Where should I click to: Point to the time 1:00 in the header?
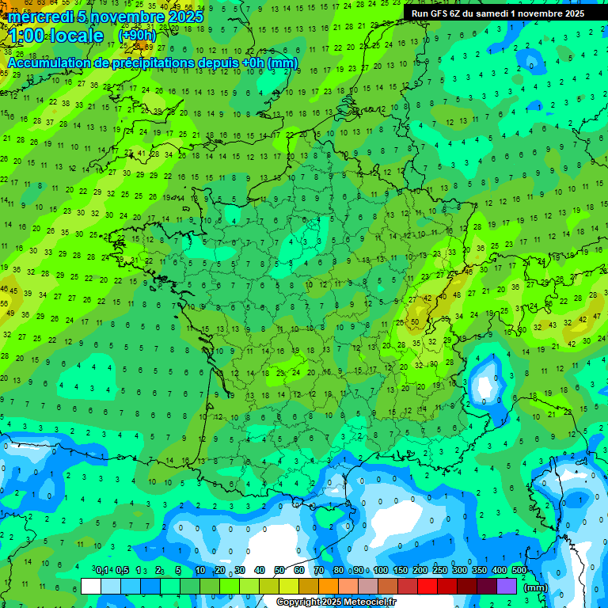[x=25, y=36]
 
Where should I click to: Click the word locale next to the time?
[x=76, y=36]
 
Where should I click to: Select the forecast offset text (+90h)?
[x=137, y=36]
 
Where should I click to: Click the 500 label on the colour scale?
[x=519, y=570]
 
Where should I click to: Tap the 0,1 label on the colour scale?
[x=102, y=570]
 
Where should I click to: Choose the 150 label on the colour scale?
[x=401, y=570]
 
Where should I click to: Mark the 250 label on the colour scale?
[x=440, y=570]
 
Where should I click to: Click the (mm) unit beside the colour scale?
[x=536, y=587]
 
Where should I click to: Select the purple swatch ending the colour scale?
[x=507, y=587]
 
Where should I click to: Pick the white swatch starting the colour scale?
[x=91, y=587]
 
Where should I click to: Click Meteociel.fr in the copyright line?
[x=370, y=602]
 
